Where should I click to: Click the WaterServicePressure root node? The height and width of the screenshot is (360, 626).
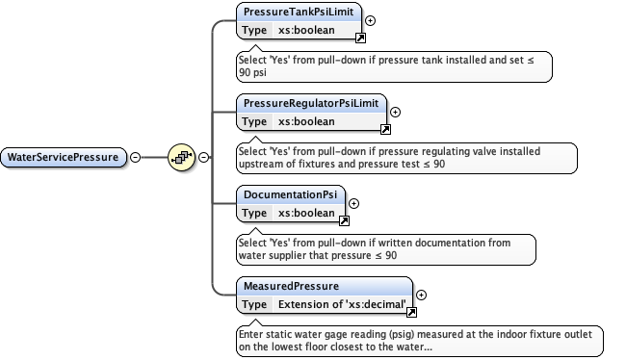tap(64, 157)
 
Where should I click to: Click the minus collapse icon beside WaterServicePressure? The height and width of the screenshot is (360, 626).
tap(135, 157)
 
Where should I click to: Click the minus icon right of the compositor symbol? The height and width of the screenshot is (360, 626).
tap(203, 157)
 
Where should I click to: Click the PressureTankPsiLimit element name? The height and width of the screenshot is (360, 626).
tap(299, 13)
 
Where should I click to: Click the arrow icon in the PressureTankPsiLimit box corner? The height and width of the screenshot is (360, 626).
tap(360, 38)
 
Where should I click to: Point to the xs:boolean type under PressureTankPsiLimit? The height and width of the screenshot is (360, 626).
tap(306, 30)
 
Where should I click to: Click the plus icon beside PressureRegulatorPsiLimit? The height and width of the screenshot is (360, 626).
tap(395, 112)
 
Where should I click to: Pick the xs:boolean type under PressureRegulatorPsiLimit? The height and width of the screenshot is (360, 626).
tap(306, 121)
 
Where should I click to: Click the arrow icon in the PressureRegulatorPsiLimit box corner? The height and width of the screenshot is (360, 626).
tap(384, 129)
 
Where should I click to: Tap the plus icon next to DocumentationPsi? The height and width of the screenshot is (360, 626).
tap(353, 203)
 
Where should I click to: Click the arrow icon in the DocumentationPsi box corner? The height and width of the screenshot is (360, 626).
tap(343, 220)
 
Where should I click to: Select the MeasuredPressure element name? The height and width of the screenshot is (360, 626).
tap(290, 287)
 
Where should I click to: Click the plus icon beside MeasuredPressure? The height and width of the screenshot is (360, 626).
tap(421, 295)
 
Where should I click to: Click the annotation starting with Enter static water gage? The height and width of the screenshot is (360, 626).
tap(420, 340)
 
